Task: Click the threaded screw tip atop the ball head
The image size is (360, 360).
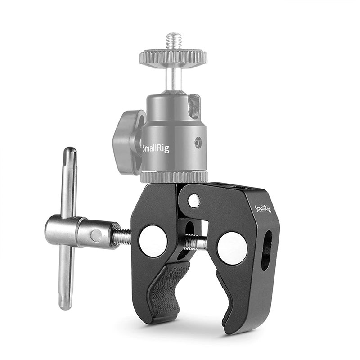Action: [x=173, y=41]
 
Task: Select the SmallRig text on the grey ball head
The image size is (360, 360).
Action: [x=156, y=148]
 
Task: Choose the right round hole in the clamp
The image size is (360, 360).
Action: [x=232, y=248]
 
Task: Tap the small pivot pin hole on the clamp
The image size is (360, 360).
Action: [x=193, y=201]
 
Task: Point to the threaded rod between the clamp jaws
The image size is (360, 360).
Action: [x=194, y=243]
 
